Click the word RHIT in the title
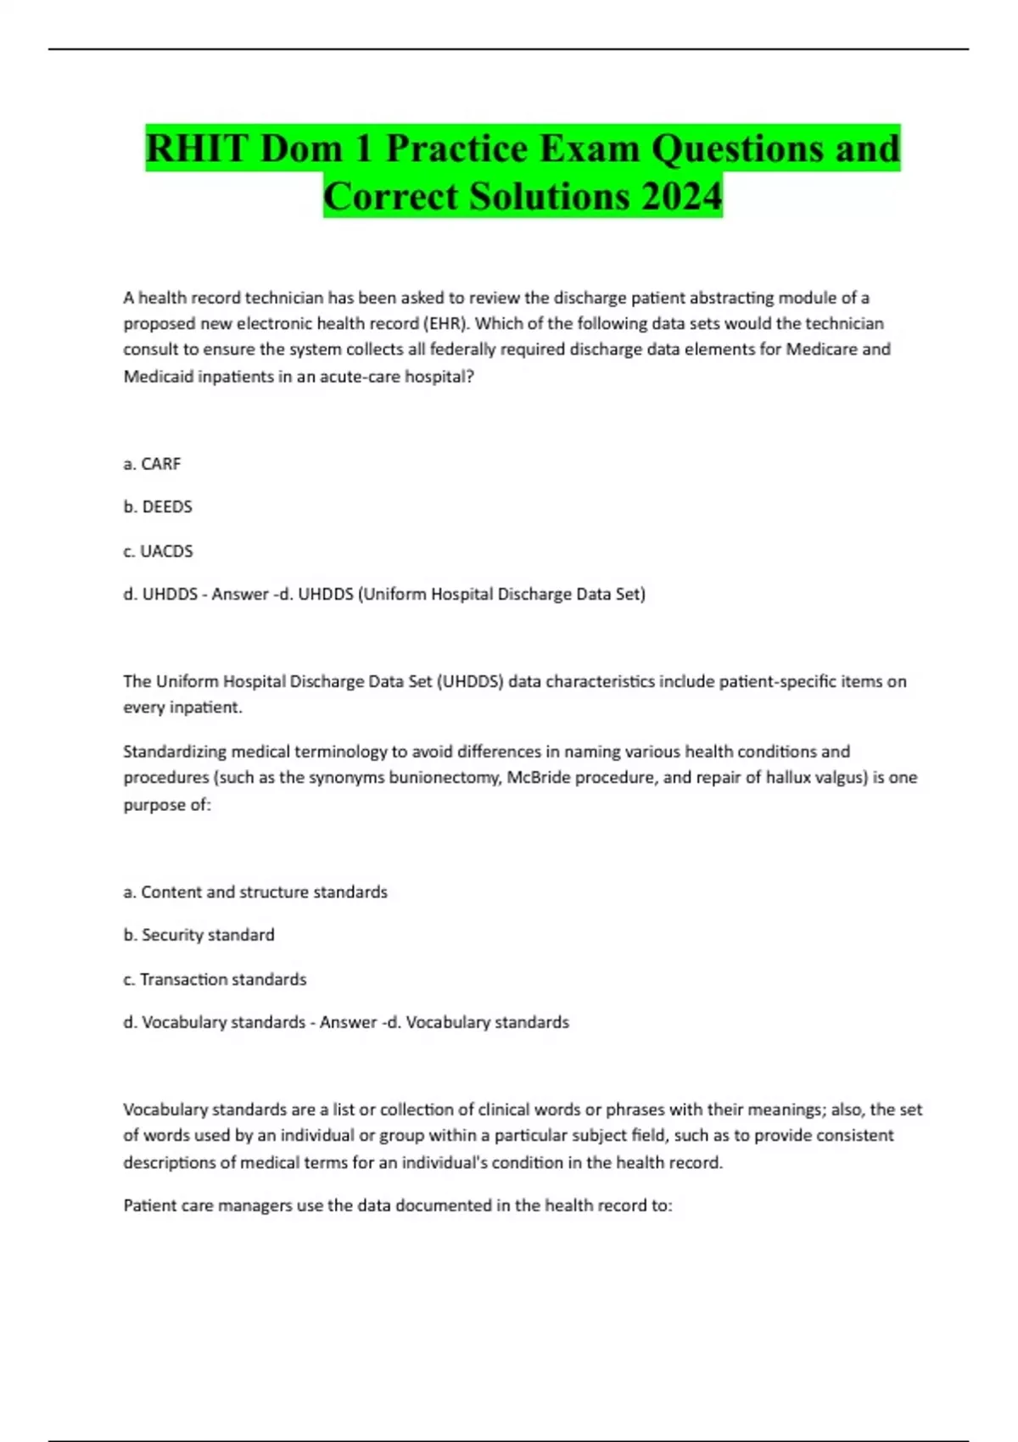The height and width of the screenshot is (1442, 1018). click(198, 148)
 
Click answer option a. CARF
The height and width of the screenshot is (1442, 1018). click(152, 464)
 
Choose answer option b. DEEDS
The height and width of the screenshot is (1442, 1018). click(158, 507)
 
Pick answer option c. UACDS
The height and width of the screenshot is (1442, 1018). click(158, 551)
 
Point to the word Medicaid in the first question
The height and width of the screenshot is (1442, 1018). click(158, 377)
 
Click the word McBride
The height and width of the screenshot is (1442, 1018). click(539, 778)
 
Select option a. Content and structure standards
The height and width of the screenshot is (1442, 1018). click(255, 892)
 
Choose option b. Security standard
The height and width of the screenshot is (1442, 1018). click(199, 936)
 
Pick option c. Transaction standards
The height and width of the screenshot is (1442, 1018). click(215, 980)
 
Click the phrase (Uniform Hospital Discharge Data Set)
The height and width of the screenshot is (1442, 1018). click(502, 595)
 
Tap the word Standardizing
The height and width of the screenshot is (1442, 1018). click(174, 752)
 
